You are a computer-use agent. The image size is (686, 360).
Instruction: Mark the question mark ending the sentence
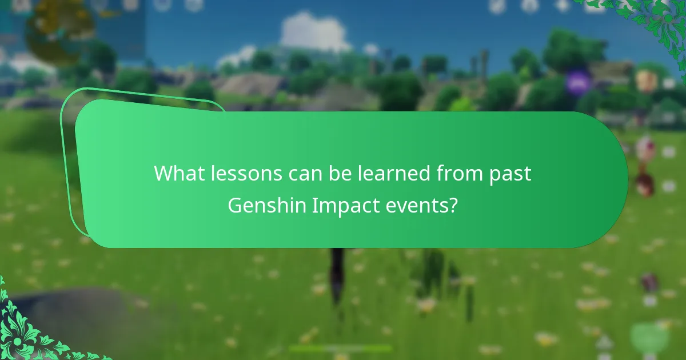point(453,205)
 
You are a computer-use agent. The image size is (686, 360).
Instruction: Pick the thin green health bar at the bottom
point(340,348)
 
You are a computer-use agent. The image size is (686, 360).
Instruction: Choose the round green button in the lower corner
point(649,337)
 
